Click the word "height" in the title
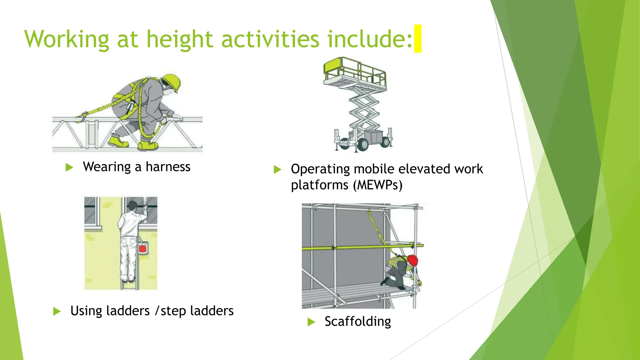tap(180, 39)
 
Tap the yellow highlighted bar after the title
tap(417, 38)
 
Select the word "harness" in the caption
tap(168, 167)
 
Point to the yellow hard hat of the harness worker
tap(172, 82)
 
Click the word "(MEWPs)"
tap(378, 185)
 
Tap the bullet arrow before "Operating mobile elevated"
tap(277, 169)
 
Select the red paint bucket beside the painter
tap(142, 248)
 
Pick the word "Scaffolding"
tap(357, 321)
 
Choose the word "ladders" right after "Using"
tap(128, 311)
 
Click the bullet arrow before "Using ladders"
tap(57, 311)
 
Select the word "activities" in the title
tap(270, 39)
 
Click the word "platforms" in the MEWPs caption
tap(319, 185)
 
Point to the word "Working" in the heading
tap(67, 39)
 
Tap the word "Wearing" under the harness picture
tap(107, 167)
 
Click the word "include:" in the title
tap(370, 39)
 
